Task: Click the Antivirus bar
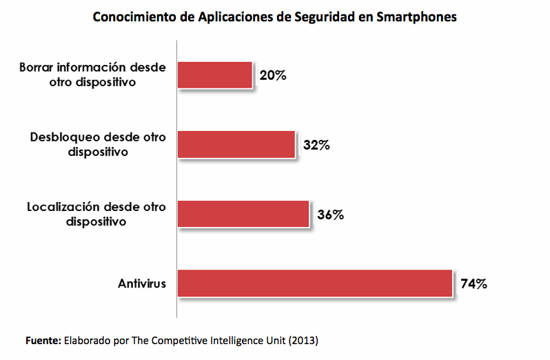(314, 283)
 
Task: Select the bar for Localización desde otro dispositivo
(243, 214)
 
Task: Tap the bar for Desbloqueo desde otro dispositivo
(236, 145)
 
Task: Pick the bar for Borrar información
(214, 75)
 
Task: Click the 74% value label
(475, 283)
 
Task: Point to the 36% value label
(331, 214)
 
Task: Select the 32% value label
(317, 145)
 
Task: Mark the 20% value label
(273, 75)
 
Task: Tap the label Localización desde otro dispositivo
(96, 214)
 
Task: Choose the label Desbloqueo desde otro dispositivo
(98, 144)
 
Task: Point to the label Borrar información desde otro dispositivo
(94, 74)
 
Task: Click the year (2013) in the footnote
(304, 341)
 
